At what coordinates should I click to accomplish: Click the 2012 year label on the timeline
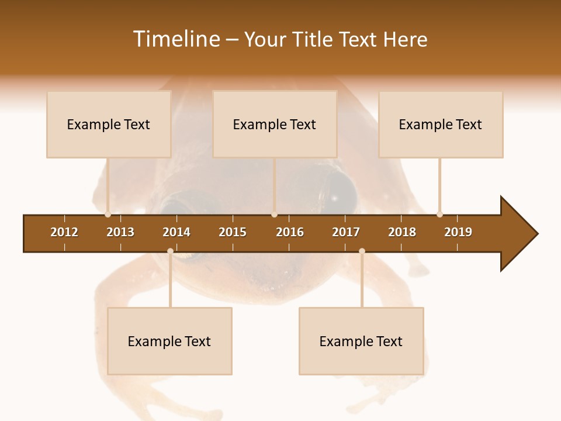tap(64, 232)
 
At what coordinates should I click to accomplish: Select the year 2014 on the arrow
tap(176, 232)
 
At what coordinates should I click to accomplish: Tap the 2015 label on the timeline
tap(233, 232)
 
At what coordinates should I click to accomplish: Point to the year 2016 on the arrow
tap(290, 232)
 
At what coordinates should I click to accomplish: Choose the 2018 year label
tap(402, 232)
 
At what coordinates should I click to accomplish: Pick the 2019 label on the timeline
tap(458, 232)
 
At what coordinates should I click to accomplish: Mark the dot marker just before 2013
tap(108, 214)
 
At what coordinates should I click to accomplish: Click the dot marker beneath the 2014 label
tap(170, 251)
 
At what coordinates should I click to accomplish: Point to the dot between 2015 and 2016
tap(274, 214)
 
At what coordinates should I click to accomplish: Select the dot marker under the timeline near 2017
tap(362, 251)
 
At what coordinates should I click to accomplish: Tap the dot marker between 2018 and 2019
tap(439, 214)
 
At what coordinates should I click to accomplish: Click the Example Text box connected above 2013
tap(109, 125)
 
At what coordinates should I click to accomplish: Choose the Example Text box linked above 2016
tap(274, 125)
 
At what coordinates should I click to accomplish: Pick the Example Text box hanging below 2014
tap(169, 341)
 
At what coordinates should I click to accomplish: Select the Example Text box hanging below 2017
tap(361, 341)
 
